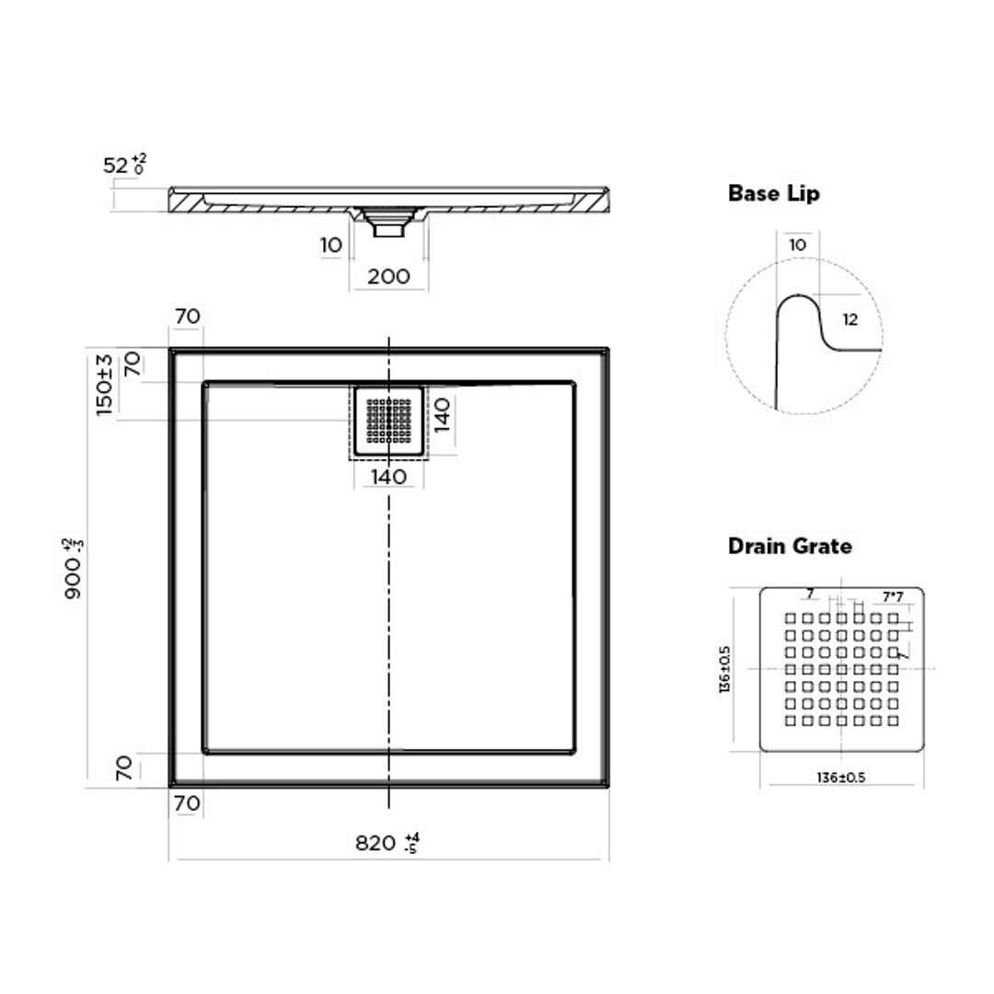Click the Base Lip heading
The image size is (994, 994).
(x=773, y=193)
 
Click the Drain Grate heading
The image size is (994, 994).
(x=790, y=546)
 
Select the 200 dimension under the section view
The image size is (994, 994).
(x=388, y=276)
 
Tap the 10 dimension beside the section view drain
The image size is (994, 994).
(x=332, y=246)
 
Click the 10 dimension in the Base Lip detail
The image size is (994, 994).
(x=798, y=246)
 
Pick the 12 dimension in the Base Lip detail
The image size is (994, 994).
(x=850, y=319)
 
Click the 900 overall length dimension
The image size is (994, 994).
(x=74, y=569)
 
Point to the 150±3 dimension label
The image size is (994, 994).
(x=105, y=385)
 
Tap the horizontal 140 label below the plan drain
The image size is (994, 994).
(x=387, y=477)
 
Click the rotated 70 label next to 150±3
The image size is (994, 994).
(x=133, y=365)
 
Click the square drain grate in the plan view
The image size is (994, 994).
(x=387, y=421)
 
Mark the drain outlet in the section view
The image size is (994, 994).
(x=387, y=224)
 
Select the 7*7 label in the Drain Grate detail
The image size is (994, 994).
(x=892, y=596)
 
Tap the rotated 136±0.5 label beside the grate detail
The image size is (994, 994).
(x=725, y=669)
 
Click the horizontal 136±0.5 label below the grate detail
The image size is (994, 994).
(x=840, y=777)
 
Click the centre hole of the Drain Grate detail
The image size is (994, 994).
(x=841, y=669)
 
